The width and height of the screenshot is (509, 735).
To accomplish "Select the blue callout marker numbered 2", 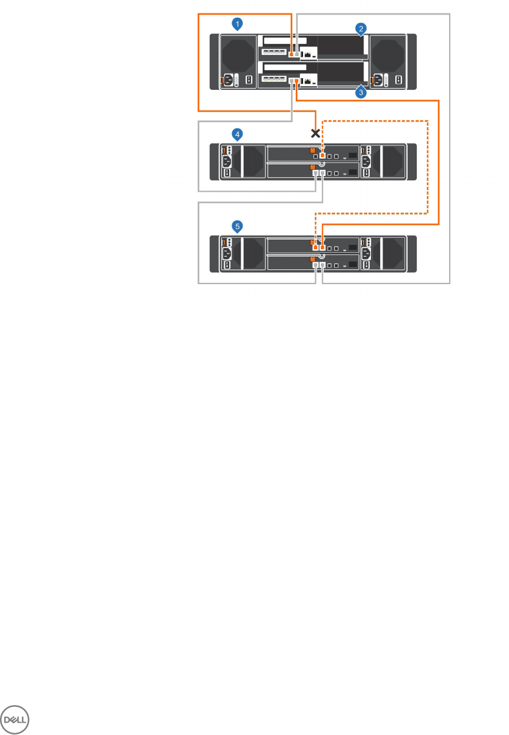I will click(x=362, y=29).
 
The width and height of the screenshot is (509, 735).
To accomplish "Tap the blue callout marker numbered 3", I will click(x=361, y=93).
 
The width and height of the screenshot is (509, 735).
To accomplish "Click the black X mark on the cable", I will click(x=315, y=133).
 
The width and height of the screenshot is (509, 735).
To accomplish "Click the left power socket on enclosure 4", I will click(x=227, y=161).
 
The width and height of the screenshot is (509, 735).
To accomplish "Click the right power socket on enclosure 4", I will click(x=366, y=161).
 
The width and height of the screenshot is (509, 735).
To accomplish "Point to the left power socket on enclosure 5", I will click(x=227, y=254).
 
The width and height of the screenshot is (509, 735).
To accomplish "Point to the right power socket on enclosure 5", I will click(x=366, y=254).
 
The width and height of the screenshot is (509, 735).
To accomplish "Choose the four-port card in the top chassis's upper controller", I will click(x=274, y=51).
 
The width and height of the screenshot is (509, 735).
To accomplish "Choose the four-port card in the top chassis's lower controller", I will click(x=274, y=78).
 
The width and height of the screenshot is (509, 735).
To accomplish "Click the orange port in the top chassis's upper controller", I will click(x=291, y=54).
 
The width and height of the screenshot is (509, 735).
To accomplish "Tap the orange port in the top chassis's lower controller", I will click(x=297, y=81).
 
